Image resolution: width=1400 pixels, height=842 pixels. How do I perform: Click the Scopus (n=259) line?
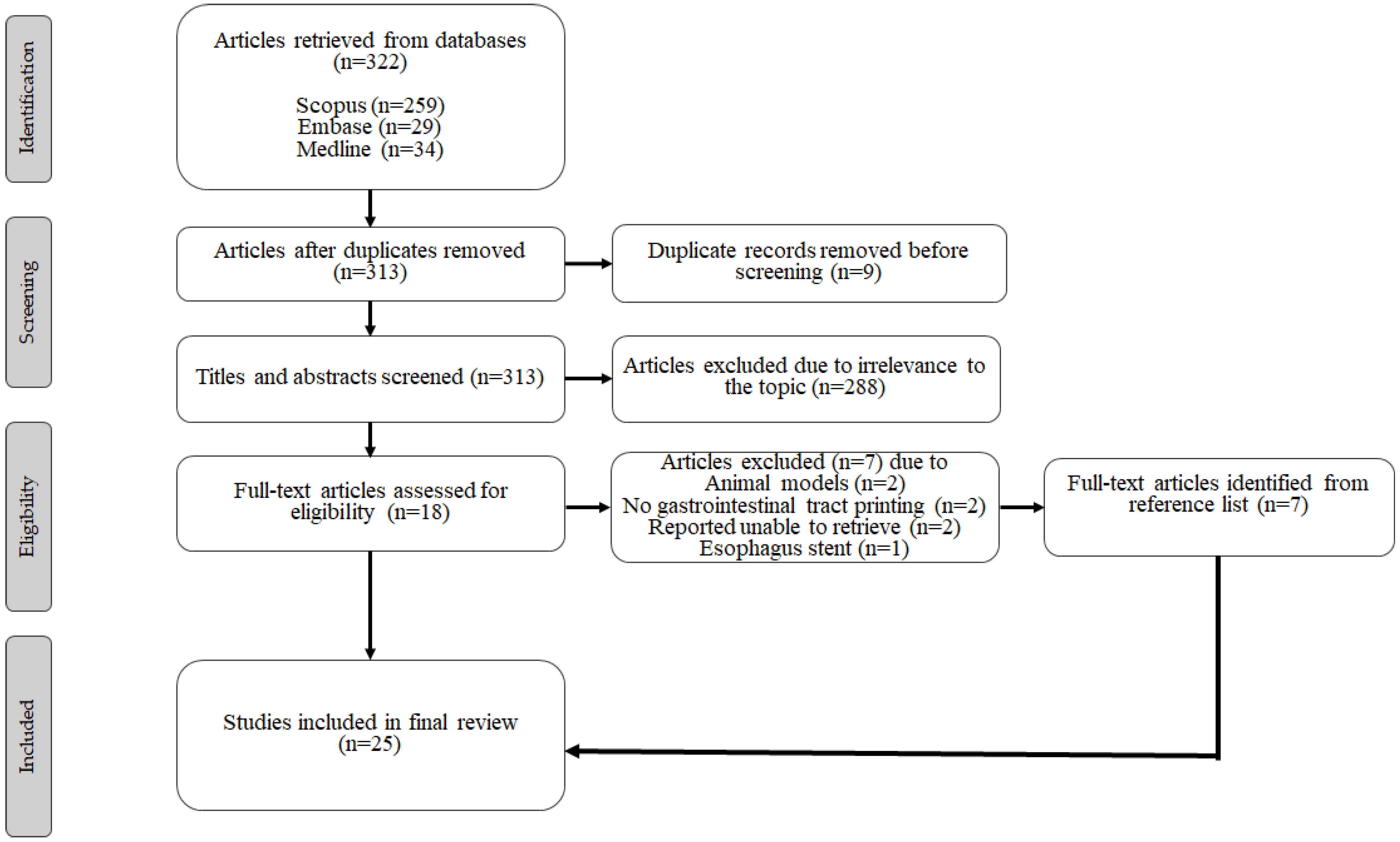[x=370, y=106]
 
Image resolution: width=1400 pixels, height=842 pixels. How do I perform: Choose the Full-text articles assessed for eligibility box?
[x=370, y=503]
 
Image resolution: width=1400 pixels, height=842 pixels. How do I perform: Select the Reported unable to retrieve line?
[x=804, y=527]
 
